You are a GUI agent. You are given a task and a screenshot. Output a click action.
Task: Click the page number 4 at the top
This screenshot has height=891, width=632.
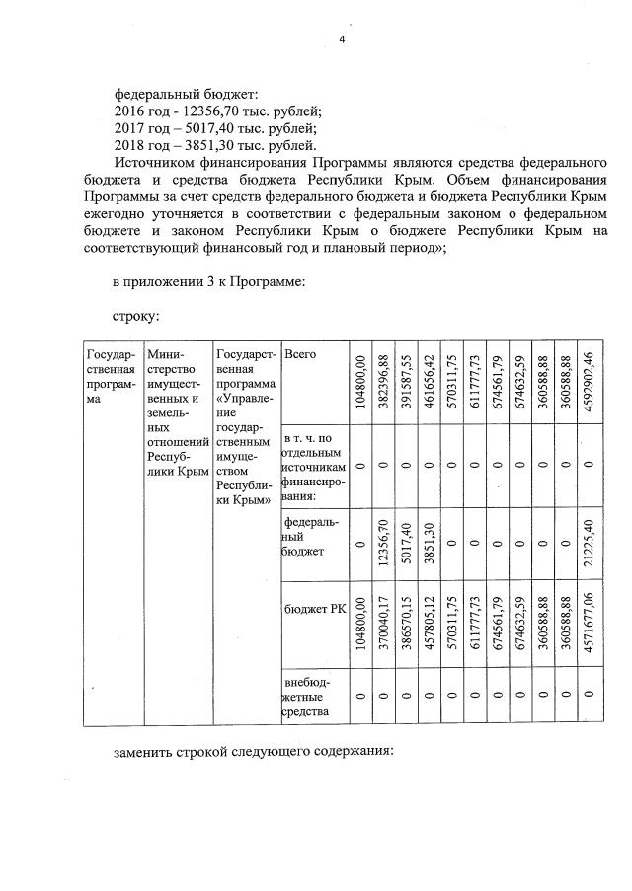pyautogui.click(x=342, y=39)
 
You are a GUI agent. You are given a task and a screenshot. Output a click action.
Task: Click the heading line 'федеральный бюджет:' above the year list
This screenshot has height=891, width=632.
pyautogui.click(x=186, y=94)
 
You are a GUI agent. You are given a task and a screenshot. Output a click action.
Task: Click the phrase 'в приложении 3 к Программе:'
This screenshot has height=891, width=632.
pyautogui.click(x=208, y=282)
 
